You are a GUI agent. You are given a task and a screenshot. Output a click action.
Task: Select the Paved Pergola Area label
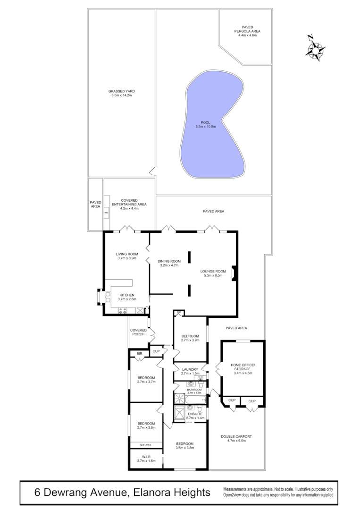247,31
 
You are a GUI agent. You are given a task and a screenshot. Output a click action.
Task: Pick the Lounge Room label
213,273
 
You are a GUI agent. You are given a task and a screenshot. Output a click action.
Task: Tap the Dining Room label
169,263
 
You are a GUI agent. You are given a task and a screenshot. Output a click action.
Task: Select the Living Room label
127,256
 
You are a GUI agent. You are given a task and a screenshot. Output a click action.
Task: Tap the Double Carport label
236,439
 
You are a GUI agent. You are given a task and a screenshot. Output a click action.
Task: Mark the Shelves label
146,445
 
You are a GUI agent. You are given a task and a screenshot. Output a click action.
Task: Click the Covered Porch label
138,332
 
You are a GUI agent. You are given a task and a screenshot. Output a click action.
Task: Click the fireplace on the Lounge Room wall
234,275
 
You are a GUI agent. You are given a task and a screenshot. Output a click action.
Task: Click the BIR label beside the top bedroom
139,354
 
